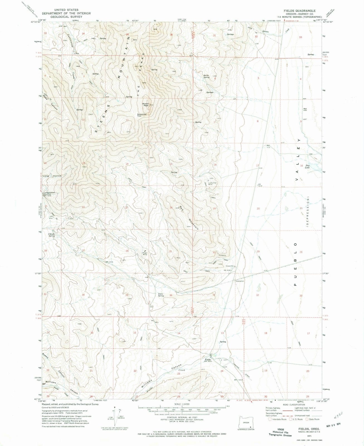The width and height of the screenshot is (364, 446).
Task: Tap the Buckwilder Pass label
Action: click(142, 115)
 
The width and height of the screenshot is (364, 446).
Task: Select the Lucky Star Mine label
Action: click(213, 184)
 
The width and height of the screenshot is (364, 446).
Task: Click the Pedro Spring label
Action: click(161, 295)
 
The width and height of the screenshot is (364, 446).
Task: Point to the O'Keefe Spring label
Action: click(51, 235)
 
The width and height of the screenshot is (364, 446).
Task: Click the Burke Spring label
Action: click(206, 76)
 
